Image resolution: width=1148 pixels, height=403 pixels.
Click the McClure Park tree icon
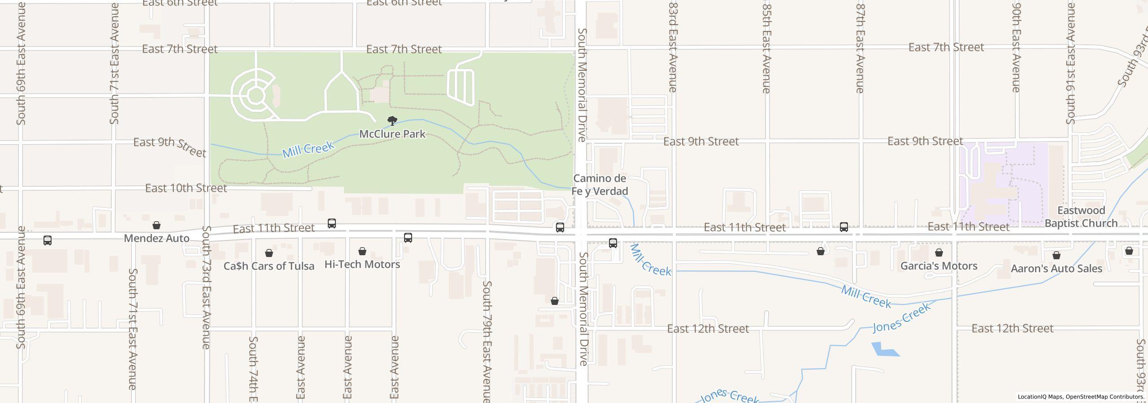(x=392, y=120)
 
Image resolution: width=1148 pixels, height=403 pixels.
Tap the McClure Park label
(x=392, y=134)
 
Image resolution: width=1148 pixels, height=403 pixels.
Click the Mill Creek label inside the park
(x=308, y=149)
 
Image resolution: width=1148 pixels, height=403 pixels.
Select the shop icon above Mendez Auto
(x=156, y=225)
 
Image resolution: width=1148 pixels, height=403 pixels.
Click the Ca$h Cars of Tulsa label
(x=269, y=266)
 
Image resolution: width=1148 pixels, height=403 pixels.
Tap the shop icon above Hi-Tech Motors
(x=362, y=252)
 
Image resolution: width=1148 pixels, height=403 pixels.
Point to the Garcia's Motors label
(x=939, y=266)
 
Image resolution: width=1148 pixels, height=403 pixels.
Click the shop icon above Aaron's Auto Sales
(x=1057, y=256)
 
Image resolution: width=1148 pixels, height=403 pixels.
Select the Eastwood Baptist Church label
(x=1081, y=217)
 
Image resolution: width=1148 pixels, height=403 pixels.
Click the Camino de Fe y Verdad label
(x=600, y=185)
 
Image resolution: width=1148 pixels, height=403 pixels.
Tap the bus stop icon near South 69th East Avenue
(x=48, y=240)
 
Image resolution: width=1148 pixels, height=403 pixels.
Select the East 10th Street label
(x=186, y=188)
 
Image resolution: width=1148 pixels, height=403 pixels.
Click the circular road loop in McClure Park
(x=255, y=95)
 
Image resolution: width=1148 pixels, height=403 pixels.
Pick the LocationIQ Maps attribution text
(x=1081, y=397)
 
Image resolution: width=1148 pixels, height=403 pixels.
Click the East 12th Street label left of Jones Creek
(x=708, y=329)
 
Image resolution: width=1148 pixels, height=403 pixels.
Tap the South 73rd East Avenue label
(x=206, y=287)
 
